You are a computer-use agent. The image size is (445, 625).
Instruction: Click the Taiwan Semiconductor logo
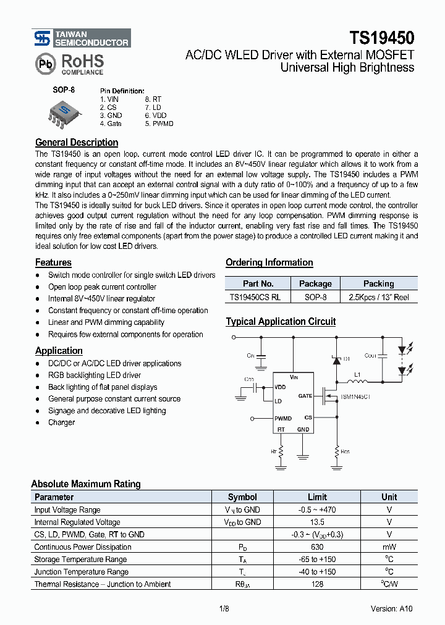pos(81,39)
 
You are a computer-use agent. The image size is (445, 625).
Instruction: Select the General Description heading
pos(77,142)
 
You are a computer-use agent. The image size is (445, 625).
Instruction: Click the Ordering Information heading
pos(269,262)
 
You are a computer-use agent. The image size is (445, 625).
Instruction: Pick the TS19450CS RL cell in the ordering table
pos(255,297)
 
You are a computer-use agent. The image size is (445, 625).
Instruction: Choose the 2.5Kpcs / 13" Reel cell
pos(378,297)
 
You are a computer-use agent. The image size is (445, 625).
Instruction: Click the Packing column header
pos(378,283)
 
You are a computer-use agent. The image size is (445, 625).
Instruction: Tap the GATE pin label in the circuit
pos(305,396)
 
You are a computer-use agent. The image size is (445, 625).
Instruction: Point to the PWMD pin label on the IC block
pos(284,418)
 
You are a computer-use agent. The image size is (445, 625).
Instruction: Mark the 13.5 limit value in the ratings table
pos(318,522)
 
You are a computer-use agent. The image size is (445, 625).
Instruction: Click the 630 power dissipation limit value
pos(318,547)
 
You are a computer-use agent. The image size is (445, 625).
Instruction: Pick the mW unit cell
pos(389,547)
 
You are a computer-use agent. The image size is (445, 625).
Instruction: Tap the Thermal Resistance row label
pos(102,584)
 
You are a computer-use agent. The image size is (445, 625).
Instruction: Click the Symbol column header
pos(242,497)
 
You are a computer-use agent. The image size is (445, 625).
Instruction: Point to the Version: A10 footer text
pos(391,608)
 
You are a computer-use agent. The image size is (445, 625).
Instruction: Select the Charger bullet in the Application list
pos(61,422)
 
